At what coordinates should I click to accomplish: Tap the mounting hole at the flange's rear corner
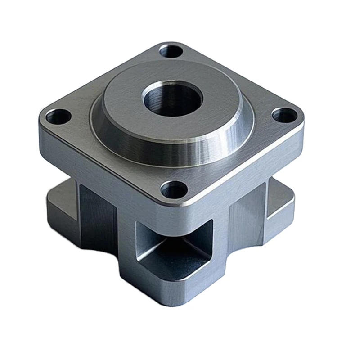point(171,50)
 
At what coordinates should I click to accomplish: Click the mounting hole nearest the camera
point(174,190)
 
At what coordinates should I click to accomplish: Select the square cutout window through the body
point(175,243)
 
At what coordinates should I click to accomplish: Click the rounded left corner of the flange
point(40,126)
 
